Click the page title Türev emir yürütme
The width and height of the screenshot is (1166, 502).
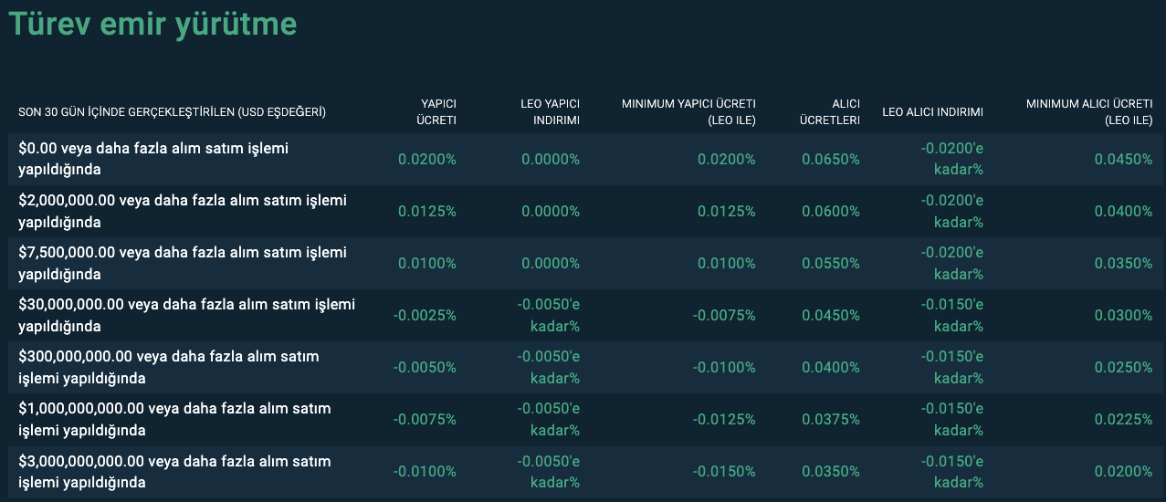pos(152,25)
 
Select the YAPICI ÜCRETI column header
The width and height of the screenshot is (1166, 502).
pos(436,112)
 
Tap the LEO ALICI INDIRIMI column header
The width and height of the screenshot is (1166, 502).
pos(932,112)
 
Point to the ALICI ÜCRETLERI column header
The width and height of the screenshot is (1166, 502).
pos(830,112)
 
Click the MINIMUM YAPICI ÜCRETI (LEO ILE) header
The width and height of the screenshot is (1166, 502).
pos(688,112)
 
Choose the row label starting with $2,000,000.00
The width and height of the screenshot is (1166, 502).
pos(183,211)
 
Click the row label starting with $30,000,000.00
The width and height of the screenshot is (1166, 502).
pos(186,315)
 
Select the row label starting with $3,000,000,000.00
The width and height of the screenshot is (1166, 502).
pos(174,471)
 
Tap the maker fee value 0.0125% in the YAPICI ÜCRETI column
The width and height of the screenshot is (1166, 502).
pos(426,211)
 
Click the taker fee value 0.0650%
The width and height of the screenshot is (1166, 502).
pos(831,159)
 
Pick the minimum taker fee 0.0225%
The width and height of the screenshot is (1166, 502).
pos(1123,419)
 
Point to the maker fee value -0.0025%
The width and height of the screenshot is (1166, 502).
pos(425,315)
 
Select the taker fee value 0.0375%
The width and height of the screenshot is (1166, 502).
pos(831,419)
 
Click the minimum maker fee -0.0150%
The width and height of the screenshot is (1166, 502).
pos(724,471)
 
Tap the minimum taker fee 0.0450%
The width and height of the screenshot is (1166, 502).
pos(1123,159)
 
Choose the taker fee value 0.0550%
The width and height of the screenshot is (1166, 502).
pos(831,263)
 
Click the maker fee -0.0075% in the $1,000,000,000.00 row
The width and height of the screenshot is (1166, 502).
pos(425,419)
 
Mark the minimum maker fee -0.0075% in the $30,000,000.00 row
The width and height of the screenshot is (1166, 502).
pos(724,315)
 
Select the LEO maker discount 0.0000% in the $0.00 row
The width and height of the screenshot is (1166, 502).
pos(551,159)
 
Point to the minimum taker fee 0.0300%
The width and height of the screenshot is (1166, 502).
pos(1123,315)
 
